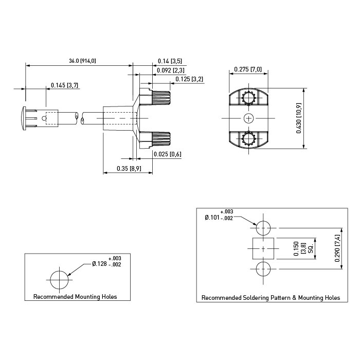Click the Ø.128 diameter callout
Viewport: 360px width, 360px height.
[99, 264]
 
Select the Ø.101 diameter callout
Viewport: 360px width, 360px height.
[212, 217]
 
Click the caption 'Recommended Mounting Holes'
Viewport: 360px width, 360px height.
[75, 297]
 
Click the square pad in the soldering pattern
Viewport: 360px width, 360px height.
[263, 248]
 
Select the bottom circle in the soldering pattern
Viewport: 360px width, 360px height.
[263, 269]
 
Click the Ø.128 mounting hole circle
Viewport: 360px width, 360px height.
[59, 280]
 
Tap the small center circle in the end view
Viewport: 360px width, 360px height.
[248, 118]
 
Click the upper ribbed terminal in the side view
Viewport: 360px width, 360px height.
[161, 98]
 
